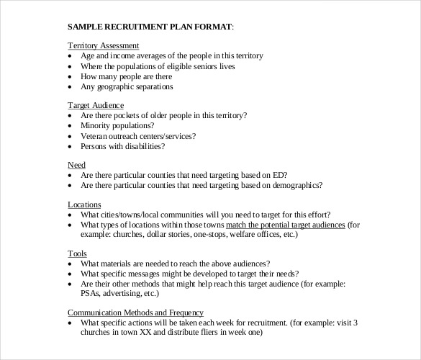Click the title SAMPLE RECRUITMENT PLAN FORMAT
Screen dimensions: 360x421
tap(150, 27)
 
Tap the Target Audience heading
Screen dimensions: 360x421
tap(96, 104)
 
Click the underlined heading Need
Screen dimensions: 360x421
tap(76, 164)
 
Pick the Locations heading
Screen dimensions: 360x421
tap(84, 204)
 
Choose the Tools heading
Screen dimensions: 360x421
tap(77, 254)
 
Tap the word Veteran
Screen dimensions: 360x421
tap(96, 136)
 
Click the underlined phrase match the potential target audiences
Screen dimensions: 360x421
tap(286, 225)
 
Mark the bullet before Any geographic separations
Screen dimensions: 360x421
tap(70, 87)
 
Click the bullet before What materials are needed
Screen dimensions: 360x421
tap(70, 264)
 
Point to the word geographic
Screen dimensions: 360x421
tap(114, 87)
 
